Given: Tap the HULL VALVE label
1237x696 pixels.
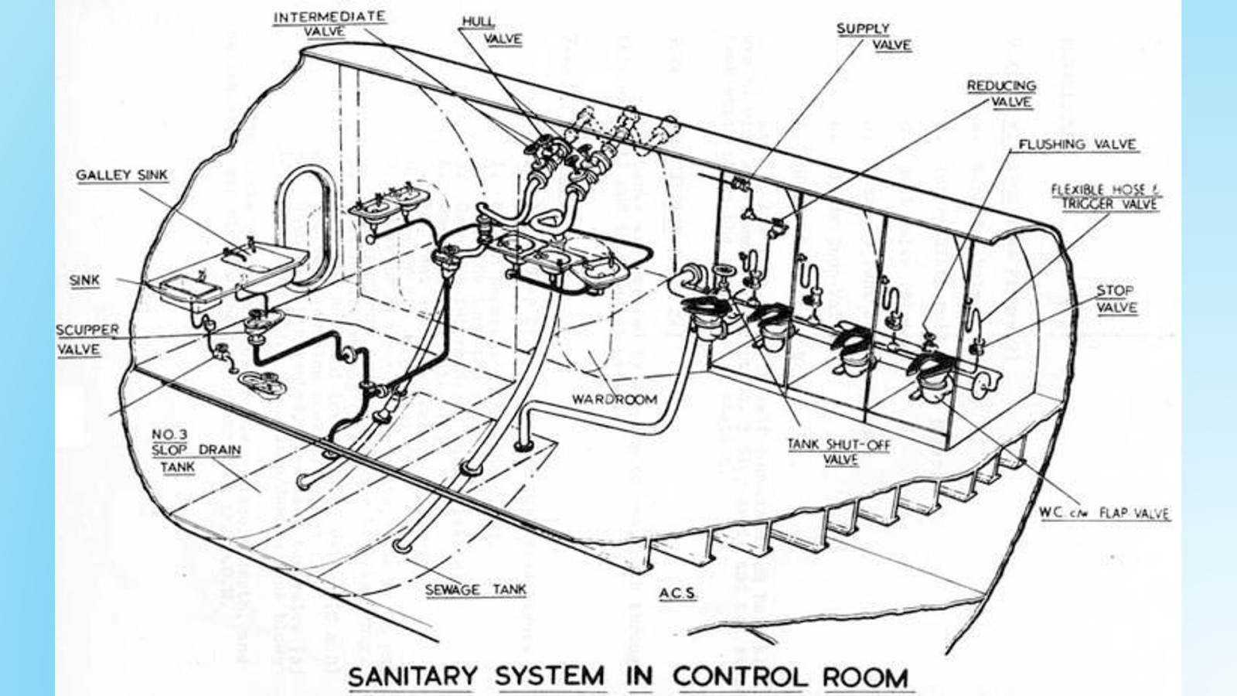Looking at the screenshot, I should pos(491,31).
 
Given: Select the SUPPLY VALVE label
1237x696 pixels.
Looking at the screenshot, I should pos(873,37).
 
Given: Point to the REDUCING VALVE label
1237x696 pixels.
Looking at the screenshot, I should pos(1001,94).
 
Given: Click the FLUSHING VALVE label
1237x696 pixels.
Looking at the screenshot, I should pos(1077,145).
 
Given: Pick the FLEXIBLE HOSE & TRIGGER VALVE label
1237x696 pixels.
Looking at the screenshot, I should pos(1105,196).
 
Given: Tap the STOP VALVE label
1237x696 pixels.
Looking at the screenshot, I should pos(1116,299).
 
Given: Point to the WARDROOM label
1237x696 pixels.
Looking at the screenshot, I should pos(614,399).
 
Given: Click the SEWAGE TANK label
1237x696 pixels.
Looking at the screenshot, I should pos(475,590).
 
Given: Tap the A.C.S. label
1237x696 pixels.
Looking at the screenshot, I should pos(677,594).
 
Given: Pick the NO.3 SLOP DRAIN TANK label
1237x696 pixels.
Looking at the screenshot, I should pos(195,450).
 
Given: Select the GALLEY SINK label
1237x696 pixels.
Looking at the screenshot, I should pos(121,176).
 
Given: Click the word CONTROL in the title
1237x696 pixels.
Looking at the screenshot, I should pos(738,677).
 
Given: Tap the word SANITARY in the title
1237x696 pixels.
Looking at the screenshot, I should pos(412,677).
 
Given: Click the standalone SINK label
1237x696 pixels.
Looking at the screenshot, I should pos(84,280).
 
